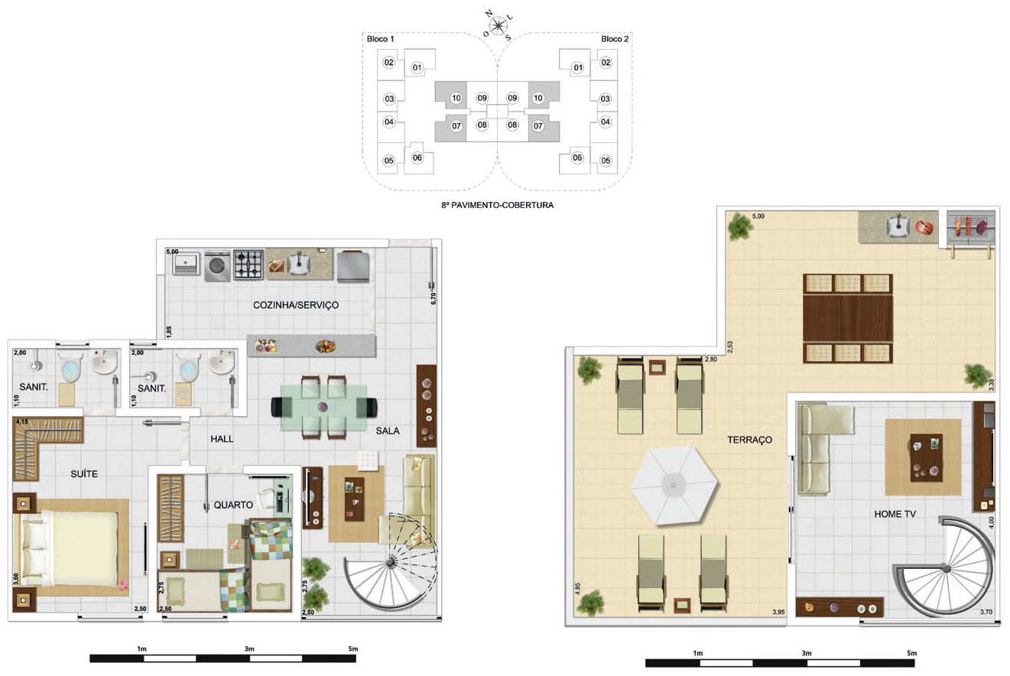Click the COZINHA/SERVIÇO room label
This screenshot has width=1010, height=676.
[x=296, y=305]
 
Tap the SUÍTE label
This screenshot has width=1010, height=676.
[x=84, y=474]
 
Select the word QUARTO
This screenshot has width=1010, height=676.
[x=233, y=505]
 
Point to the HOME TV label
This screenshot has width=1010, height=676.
[x=895, y=514]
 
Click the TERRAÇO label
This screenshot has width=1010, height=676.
[x=749, y=440]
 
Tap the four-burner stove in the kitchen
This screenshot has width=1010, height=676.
[x=248, y=265]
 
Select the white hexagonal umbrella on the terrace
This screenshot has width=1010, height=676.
[x=674, y=486]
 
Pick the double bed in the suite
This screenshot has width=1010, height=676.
[x=74, y=548]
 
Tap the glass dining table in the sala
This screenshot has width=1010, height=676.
[x=323, y=408]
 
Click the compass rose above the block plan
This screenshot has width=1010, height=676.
[x=498, y=26]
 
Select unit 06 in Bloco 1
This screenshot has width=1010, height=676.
[x=417, y=158]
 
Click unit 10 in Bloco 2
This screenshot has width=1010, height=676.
[x=538, y=98]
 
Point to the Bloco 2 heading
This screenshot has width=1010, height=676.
[x=615, y=39]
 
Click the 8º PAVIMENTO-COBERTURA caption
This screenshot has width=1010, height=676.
[x=497, y=205]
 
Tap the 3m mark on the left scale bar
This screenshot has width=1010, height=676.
[x=249, y=649]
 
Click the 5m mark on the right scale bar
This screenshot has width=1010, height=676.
[x=911, y=653]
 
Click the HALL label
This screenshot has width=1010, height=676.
[x=222, y=439]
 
